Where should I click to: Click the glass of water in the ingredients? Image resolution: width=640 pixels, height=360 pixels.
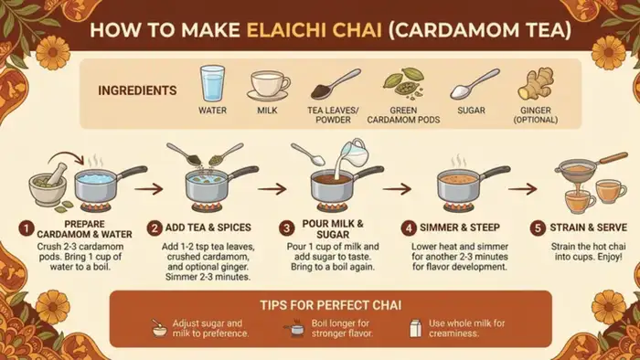click(x=212, y=83)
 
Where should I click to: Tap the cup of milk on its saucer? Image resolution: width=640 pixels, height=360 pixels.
click(x=268, y=86)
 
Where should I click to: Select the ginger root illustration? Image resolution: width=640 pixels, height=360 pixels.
click(x=536, y=84)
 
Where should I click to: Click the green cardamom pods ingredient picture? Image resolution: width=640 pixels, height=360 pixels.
click(x=404, y=83)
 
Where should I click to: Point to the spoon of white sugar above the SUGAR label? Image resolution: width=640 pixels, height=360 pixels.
click(x=475, y=84)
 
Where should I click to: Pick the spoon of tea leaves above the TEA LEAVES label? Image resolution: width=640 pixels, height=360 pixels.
click(x=336, y=84)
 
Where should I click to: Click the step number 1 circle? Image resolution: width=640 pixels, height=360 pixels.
click(x=27, y=228)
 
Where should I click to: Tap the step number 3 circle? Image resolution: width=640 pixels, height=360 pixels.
click(x=286, y=228)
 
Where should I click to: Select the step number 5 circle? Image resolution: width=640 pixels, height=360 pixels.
click(x=538, y=228)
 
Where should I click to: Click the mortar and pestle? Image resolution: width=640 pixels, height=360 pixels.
click(x=48, y=185)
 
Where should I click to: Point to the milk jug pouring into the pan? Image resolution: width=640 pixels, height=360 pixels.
click(x=354, y=153)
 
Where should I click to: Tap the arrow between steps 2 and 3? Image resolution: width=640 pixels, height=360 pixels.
click(x=272, y=189)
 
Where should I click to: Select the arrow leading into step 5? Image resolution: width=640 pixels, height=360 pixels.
click(x=522, y=189)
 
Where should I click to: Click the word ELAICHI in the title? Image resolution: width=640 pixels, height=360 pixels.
click(x=315, y=30)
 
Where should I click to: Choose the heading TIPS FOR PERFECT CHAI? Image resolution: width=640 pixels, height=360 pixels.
click(x=331, y=305)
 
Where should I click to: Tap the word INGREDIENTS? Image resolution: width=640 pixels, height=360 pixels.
click(x=137, y=90)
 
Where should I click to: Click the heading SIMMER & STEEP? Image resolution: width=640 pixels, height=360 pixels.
click(x=460, y=228)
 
